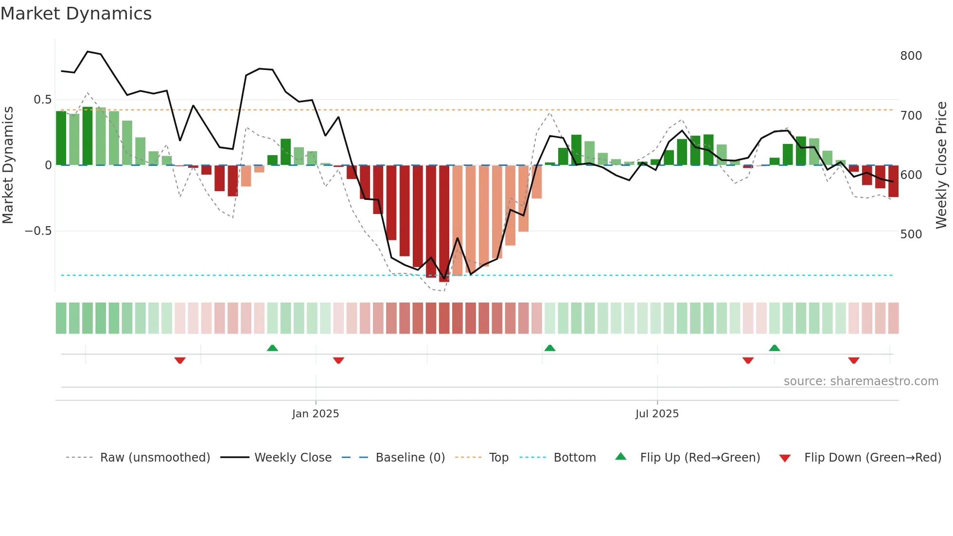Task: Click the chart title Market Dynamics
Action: click(76, 14)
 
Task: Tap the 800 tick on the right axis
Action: click(911, 56)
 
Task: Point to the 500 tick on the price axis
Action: click(911, 234)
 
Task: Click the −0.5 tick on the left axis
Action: click(38, 231)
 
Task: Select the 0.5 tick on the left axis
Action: click(42, 100)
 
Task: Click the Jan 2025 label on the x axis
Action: click(316, 414)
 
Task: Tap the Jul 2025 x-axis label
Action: click(657, 414)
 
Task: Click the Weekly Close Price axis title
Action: click(941, 165)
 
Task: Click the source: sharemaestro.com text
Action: click(861, 381)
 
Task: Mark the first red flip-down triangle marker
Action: click(180, 360)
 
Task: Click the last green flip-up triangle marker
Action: click(775, 348)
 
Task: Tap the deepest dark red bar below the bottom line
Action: click(444, 224)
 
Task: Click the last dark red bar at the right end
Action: click(893, 181)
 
